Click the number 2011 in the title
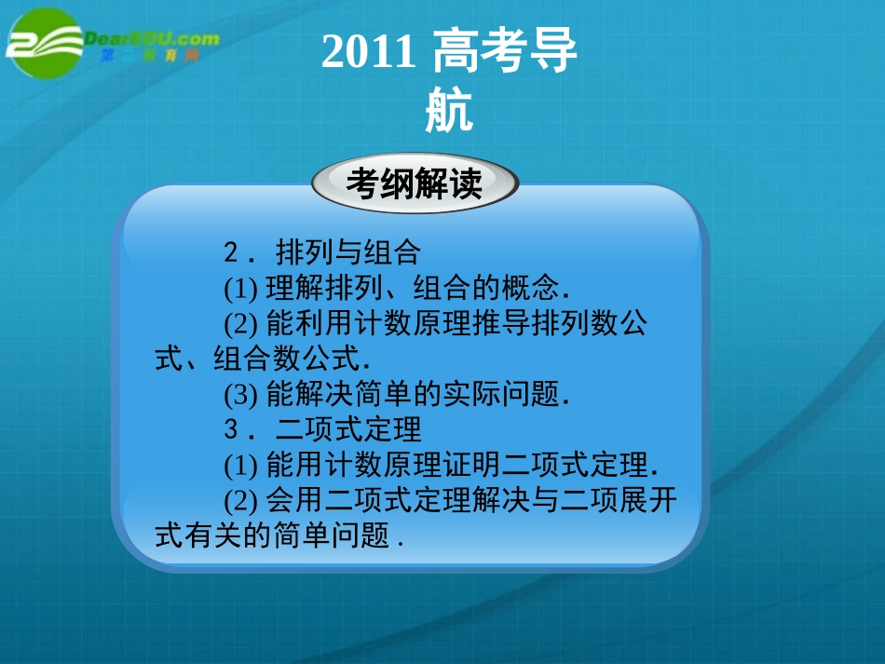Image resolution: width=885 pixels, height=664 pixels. (x=367, y=53)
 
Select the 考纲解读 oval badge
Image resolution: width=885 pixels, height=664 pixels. (x=415, y=183)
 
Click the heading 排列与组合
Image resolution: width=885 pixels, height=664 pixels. (x=348, y=251)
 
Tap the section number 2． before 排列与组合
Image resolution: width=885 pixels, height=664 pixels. (x=240, y=251)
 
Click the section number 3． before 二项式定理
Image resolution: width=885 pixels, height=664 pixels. (x=240, y=429)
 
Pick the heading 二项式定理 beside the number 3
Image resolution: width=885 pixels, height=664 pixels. (x=348, y=429)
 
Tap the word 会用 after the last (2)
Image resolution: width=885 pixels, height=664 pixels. (x=289, y=500)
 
